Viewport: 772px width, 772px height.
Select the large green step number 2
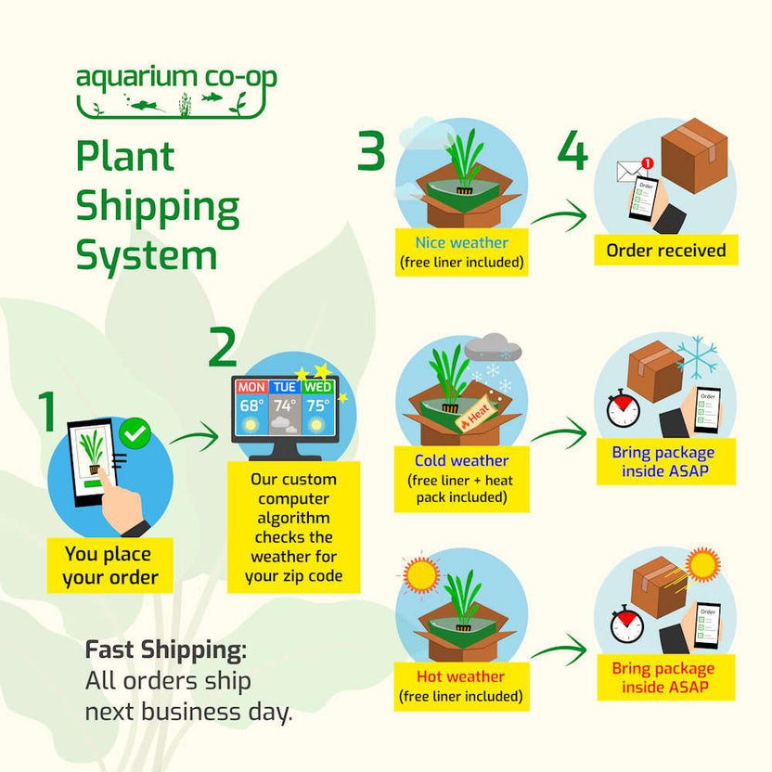223,347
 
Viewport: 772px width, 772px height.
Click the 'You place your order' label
110,566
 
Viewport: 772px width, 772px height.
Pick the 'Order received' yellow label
666,250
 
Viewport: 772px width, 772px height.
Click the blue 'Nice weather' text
461,243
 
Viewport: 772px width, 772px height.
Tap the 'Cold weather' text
461,460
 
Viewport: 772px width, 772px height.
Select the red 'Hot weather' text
461,676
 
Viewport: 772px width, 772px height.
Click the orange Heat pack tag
477,415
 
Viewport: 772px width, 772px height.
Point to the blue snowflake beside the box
696,358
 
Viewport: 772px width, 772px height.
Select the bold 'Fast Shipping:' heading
165,650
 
